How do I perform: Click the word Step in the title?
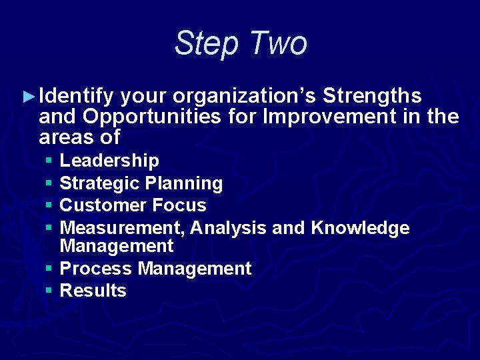[207, 44]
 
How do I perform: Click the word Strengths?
[372, 97]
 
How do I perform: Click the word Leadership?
[109, 161]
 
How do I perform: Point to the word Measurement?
[122, 228]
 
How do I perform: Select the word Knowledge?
[360, 228]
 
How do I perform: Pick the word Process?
[96, 269]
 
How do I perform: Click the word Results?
[93, 291]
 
